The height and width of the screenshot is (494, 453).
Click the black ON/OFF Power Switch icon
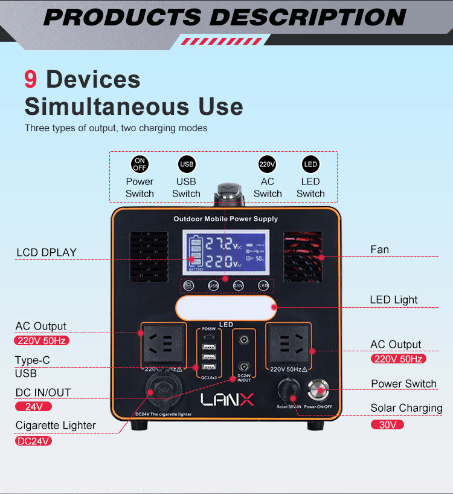140,164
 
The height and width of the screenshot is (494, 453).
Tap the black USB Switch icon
186,164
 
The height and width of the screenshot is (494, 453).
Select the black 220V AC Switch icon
267,164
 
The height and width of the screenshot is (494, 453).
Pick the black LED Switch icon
310,164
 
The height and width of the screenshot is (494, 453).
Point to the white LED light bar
225,308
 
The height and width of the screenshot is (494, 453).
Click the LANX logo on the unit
228,400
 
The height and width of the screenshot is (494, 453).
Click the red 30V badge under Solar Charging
387,424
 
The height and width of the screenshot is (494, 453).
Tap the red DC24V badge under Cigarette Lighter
33,441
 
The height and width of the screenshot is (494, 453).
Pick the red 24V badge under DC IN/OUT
34,407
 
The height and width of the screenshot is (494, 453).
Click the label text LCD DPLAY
47,252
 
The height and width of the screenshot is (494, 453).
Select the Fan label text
379,249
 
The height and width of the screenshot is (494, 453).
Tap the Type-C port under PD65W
209,337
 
